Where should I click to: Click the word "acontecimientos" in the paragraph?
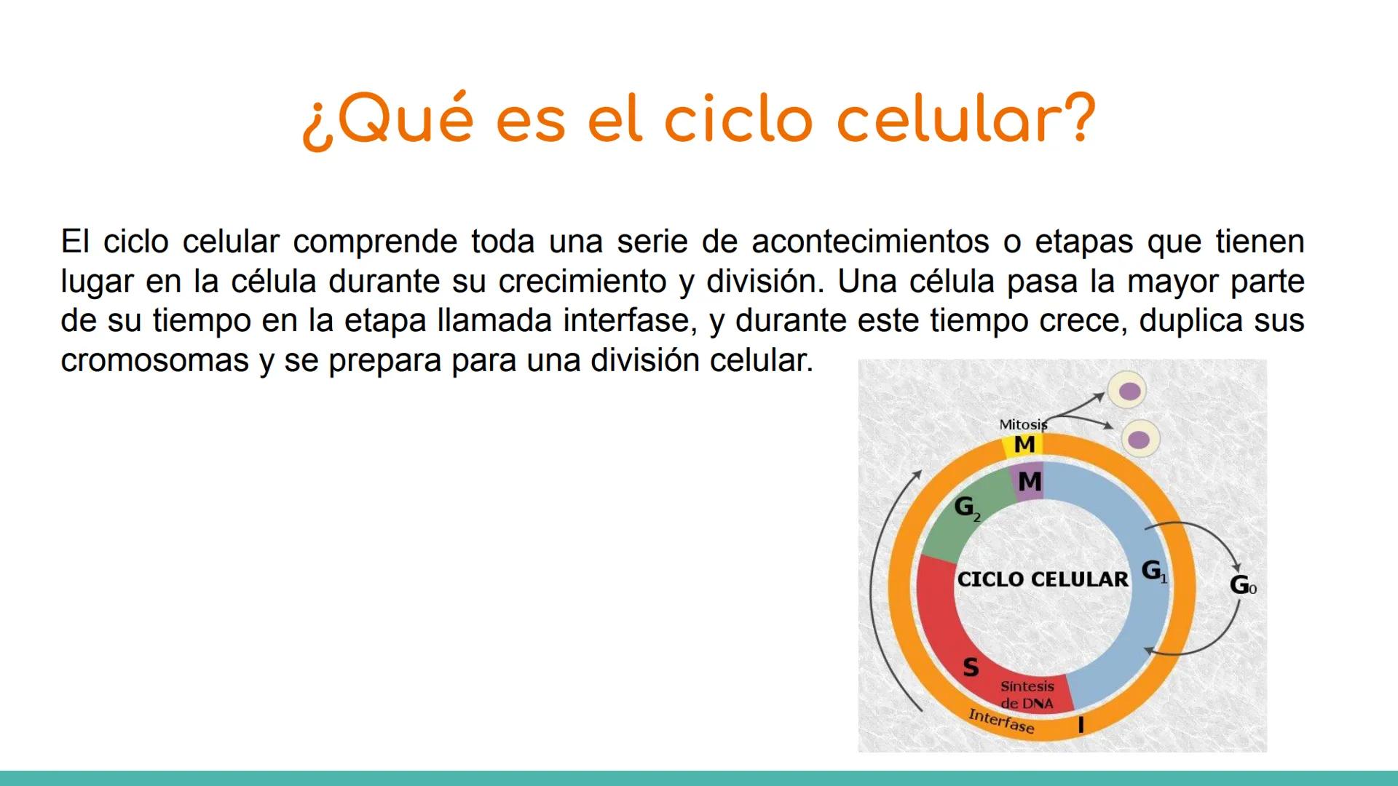coord(869,242)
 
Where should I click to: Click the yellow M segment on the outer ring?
coord(1024,445)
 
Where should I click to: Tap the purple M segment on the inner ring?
coord(1029,482)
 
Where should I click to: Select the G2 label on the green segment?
coord(966,507)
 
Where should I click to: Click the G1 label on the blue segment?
coord(1153,571)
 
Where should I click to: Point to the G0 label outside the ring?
coord(1242,584)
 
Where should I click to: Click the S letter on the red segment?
coord(971,667)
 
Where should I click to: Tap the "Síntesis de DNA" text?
coord(1027,695)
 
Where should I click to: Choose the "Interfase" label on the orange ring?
coord(1000,721)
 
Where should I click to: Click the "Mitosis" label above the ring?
coord(1022,424)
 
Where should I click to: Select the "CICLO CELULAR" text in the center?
coord(1042,580)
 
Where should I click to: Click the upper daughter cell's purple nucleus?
coord(1129,392)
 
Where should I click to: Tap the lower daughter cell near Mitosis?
coord(1139,440)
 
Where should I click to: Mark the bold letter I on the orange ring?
coord(1081,725)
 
